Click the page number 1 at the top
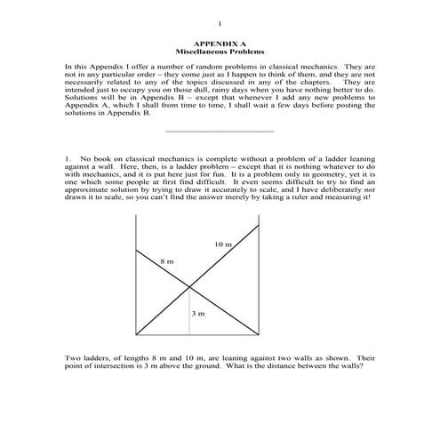click(x=220, y=24)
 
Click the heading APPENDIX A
click(x=220, y=44)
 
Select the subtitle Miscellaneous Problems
click(x=220, y=52)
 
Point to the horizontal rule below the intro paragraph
click(x=220, y=132)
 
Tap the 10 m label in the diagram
click(x=222, y=244)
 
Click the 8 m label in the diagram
click(x=167, y=261)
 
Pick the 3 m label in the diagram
click(x=198, y=314)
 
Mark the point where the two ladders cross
click(x=188, y=285)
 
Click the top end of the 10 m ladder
click(x=259, y=224)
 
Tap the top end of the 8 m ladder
click(x=134, y=250)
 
